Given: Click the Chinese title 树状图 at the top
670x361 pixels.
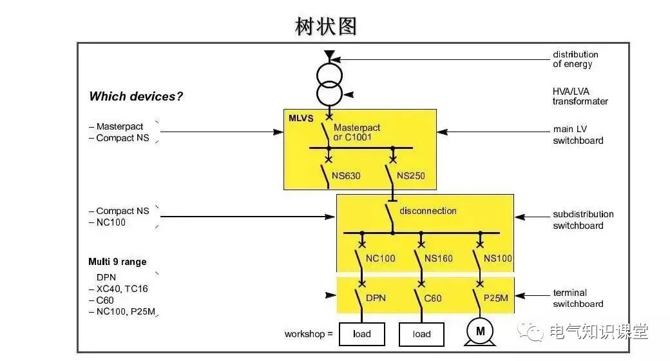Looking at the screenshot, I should click(325, 26).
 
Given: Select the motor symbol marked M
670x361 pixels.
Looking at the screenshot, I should click(480, 331).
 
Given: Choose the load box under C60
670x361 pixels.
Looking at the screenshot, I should click(421, 334).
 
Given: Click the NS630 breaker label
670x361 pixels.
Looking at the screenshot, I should click(347, 175).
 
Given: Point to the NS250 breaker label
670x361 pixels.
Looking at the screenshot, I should click(411, 175).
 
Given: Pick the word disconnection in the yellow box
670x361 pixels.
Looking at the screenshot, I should click(428, 211).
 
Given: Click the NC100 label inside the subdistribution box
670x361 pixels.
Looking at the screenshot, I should click(381, 259).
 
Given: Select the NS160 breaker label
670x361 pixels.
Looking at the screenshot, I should click(438, 259).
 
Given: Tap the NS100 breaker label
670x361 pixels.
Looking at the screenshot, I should click(498, 259).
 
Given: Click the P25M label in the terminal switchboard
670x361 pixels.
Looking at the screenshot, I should click(495, 298).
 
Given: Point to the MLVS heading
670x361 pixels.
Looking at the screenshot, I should click(301, 119).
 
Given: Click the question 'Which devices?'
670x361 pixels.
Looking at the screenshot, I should click(136, 97).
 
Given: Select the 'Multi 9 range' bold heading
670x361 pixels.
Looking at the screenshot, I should click(117, 262).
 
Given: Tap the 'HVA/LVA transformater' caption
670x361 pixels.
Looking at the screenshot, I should click(580, 95).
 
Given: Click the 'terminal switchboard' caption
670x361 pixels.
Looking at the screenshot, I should click(578, 298).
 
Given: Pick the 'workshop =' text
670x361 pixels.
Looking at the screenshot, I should click(309, 334).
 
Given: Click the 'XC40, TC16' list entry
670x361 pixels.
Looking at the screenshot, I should click(122, 289).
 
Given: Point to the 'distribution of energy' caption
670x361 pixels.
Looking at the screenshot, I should click(575, 59).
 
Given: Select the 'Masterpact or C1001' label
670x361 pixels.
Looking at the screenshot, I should click(356, 132).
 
